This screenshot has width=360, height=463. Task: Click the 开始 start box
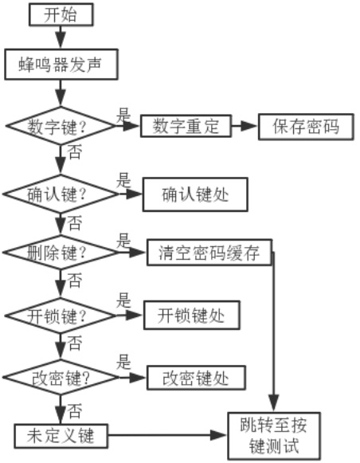pyautogui.click(x=61, y=14)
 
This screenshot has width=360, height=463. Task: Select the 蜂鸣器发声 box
pyautogui.click(x=61, y=65)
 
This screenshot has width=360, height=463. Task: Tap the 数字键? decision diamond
pyautogui.click(x=61, y=126)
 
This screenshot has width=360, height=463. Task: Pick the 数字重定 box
pyautogui.click(x=186, y=126)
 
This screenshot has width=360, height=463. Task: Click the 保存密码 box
pyautogui.click(x=306, y=127)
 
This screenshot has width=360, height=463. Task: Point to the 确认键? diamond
pyautogui.click(x=61, y=194)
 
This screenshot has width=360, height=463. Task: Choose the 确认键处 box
pyautogui.click(x=195, y=194)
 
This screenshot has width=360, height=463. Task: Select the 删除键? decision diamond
pyautogui.click(x=61, y=253)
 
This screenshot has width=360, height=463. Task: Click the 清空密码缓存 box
pyautogui.click(x=209, y=253)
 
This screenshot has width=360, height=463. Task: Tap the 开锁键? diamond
pyautogui.click(x=61, y=316)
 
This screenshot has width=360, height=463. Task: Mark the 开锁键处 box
pyautogui.click(x=191, y=316)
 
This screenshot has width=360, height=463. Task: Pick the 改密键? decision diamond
pyautogui.click(x=61, y=377)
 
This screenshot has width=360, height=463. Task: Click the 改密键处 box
pyautogui.click(x=196, y=378)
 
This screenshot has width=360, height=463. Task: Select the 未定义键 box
pyautogui.click(x=61, y=436)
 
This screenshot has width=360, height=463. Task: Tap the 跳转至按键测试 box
pyautogui.click(x=274, y=436)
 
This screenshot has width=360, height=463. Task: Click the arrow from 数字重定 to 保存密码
pyautogui.click(x=245, y=126)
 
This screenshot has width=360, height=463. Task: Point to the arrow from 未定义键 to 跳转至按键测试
pyautogui.click(x=167, y=435)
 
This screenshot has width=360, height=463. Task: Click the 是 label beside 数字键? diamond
pyautogui.click(x=123, y=115)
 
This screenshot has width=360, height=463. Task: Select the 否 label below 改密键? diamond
pyautogui.click(x=74, y=410)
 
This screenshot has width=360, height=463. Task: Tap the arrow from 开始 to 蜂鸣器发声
pyautogui.click(x=61, y=37)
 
